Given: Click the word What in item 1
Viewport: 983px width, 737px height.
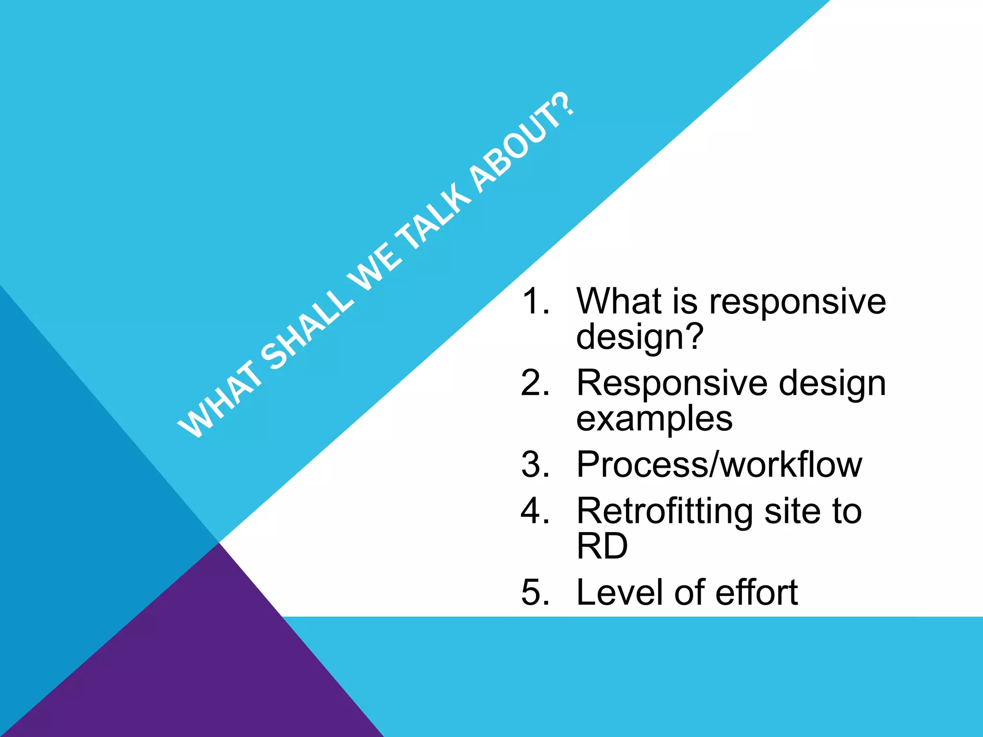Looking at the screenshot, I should click(x=620, y=301).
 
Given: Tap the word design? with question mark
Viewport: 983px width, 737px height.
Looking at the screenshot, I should click(x=640, y=337).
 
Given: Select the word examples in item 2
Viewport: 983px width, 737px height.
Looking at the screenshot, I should click(x=654, y=419).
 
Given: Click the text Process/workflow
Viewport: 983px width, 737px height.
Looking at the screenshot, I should click(x=719, y=464).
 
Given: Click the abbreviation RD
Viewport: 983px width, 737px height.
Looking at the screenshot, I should click(x=602, y=546).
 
